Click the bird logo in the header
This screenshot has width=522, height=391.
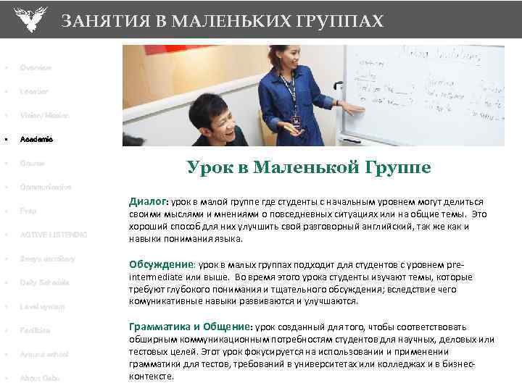(x=29, y=19)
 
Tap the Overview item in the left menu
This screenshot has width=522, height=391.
(x=36, y=67)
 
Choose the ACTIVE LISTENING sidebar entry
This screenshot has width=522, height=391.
(x=53, y=235)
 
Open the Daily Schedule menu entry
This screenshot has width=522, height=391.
(x=45, y=282)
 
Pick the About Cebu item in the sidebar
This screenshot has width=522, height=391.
(x=40, y=378)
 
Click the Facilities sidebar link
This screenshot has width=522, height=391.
(x=36, y=330)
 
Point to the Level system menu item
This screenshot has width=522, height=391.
(x=42, y=306)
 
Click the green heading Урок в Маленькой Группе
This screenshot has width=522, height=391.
(x=308, y=168)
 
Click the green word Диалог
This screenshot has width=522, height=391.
(x=147, y=201)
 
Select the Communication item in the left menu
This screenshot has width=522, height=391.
(x=46, y=187)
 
